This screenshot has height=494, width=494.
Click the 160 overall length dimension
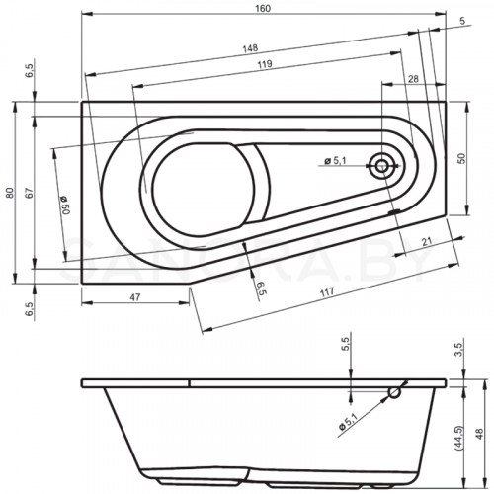point(262,9)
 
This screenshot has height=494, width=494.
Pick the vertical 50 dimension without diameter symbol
point(460,158)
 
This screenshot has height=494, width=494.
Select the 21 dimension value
point(425,241)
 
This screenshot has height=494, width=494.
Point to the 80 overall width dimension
point(9,192)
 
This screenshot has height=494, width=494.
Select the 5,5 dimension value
point(345,345)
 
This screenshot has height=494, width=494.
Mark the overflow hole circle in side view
point(395,393)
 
